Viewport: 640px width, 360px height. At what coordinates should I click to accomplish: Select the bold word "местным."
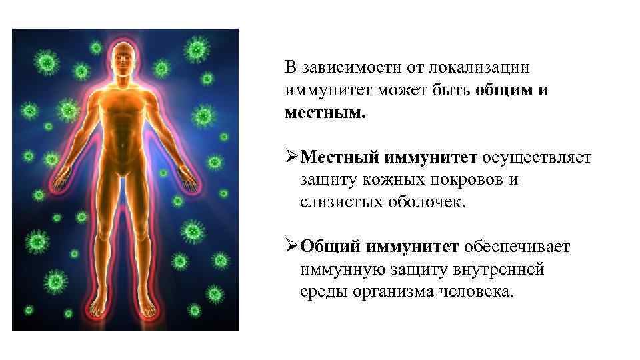point(325,112)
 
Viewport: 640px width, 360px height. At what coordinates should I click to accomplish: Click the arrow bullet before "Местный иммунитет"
point(291,157)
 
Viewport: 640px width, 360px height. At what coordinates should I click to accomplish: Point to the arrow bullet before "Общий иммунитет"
point(291,247)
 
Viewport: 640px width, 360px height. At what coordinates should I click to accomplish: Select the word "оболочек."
point(424,202)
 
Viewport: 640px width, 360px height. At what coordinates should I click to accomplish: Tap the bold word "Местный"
point(339,158)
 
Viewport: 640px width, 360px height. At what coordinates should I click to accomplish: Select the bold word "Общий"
point(329,247)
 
